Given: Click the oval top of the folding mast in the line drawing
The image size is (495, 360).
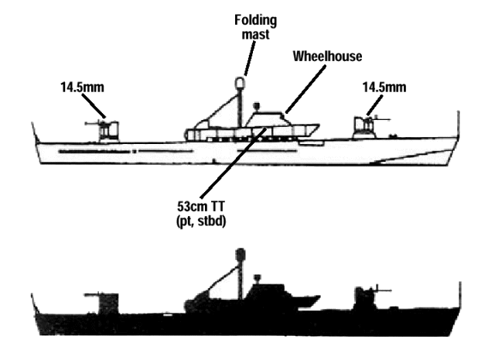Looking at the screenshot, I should pyautogui.click(x=241, y=80).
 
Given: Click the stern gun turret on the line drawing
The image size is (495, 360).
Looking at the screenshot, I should pyautogui.click(x=107, y=130).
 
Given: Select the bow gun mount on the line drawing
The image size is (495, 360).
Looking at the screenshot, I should pyautogui.click(x=362, y=126).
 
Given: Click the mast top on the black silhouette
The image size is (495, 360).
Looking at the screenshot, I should pyautogui.click(x=241, y=253).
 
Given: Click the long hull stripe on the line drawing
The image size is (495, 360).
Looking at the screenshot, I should pyautogui.click(x=93, y=151).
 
